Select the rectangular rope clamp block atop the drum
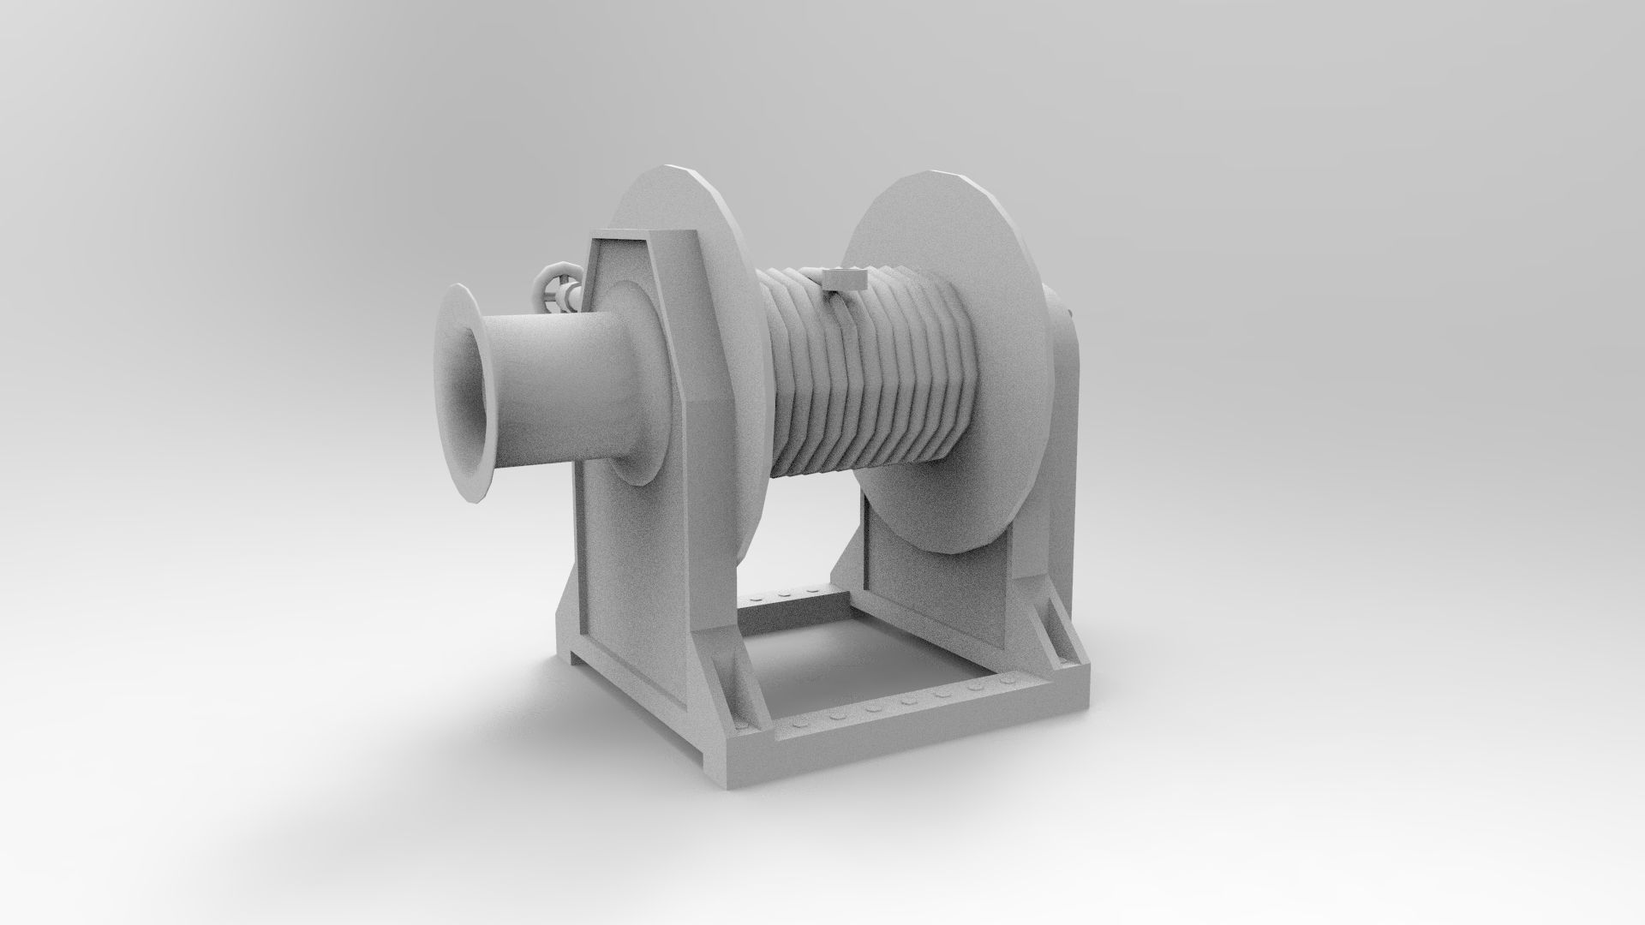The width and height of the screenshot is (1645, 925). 844,279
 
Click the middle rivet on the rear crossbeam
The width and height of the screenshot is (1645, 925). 784,592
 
